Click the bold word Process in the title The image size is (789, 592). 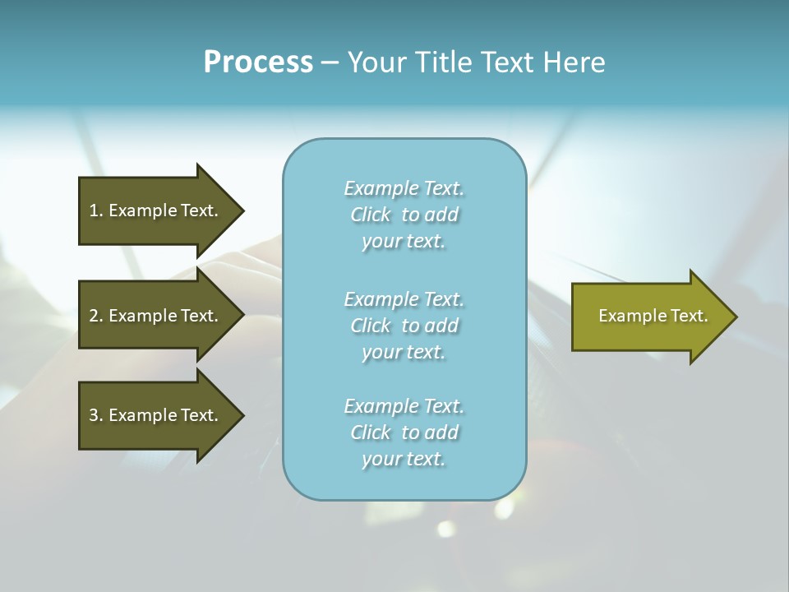coord(258,62)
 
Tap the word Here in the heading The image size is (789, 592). coord(574,62)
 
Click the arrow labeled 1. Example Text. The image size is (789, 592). coord(156,210)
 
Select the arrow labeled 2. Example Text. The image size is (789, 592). coord(156,316)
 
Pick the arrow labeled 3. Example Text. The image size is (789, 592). coord(156,415)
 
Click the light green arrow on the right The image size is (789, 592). coord(649,316)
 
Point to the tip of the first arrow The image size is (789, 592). coord(242,210)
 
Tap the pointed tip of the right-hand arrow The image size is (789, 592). coord(735,316)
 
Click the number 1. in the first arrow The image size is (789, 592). coord(95,210)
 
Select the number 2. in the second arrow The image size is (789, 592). coord(95,316)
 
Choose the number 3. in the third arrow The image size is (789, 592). coord(95,415)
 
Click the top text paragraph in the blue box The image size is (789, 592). coord(404,215)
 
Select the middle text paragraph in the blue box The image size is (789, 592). coord(404,326)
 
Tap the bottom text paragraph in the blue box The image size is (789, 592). coord(404,432)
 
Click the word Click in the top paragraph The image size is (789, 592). coord(371,215)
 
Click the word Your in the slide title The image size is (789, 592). coord(376,62)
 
